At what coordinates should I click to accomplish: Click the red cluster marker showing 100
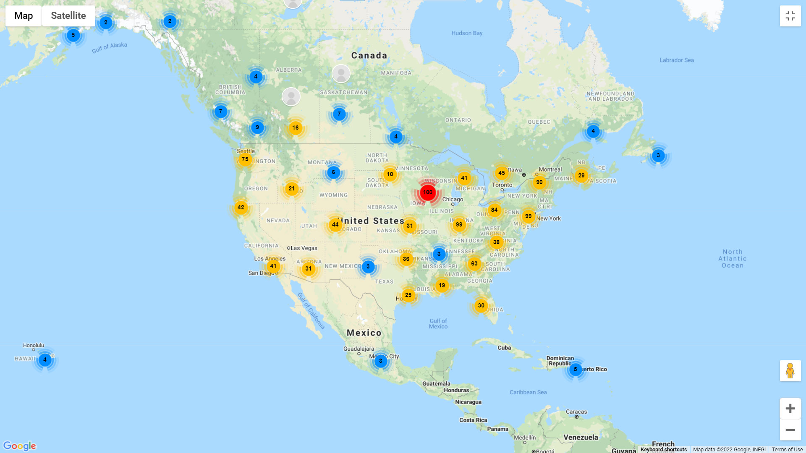coord(428,193)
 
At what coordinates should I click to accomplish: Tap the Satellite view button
coord(68,16)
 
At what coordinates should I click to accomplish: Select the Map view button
coord(24,16)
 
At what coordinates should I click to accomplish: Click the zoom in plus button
coord(790,409)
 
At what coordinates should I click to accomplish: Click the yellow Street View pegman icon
coord(790,371)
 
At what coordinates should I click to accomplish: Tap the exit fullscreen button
coord(790,16)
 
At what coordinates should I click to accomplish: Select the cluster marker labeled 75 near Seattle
coord(245,159)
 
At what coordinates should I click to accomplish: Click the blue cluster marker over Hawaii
coord(45,360)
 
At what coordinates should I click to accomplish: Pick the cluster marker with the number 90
coord(539,182)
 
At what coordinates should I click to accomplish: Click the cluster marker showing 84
coord(495,210)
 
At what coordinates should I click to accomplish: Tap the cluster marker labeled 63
coord(474,264)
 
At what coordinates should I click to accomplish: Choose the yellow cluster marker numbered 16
coord(296,128)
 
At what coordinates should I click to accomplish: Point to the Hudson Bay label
coord(467,34)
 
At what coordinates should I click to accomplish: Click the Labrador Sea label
coord(676,60)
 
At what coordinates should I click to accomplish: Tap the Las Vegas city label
coord(304,248)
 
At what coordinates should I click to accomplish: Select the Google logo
coord(20,446)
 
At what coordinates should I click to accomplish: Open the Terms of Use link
coord(787,450)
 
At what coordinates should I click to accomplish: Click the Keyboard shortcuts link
coord(664,450)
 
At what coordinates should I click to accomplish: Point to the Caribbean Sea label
coord(528,393)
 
